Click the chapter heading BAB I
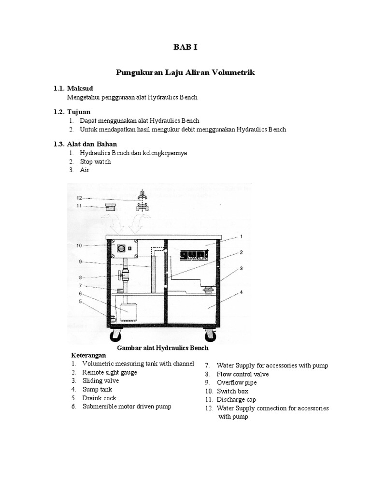[x=185, y=47]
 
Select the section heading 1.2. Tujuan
[x=71, y=112]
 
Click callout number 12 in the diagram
[x=80, y=197]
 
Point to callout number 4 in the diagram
[x=240, y=292]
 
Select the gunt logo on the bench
[x=192, y=256]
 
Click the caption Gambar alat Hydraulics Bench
[x=163, y=348]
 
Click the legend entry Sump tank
[x=94, y=389]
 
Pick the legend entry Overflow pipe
[x=237, y=382]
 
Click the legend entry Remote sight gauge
[x=109, y=372]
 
